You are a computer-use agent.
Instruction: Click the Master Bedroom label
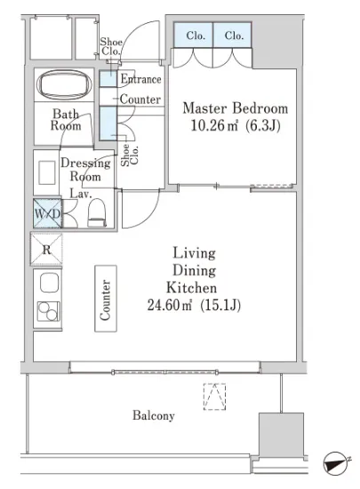[235, 108]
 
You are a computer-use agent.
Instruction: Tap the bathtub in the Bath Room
[64, 84]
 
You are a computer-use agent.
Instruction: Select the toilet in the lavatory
[97, 212]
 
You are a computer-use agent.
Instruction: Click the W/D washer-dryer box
[47, 214]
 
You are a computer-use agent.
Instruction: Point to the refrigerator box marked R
[46, 249]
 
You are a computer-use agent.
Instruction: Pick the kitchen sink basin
[49, 283]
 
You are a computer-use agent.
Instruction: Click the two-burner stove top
[49, 311]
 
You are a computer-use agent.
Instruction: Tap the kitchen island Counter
[106, 299]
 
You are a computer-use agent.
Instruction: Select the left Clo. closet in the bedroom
[194, 35]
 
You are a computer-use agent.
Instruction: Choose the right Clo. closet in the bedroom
[233, 35]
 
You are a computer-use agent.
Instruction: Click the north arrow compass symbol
[335, 463]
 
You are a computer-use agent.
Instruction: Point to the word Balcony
[154, 415]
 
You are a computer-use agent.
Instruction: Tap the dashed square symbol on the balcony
[214, 397]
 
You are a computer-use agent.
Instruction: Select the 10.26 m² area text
[214, 125]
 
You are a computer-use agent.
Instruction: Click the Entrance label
[140, 79]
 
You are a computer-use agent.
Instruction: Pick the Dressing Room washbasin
[47, 172]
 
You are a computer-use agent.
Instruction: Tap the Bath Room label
[66, 119]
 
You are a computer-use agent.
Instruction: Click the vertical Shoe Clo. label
[130, 155]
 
